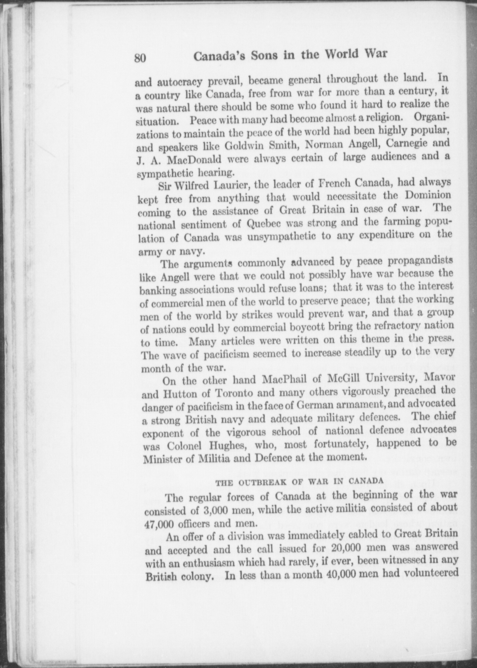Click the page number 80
(140, 58)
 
